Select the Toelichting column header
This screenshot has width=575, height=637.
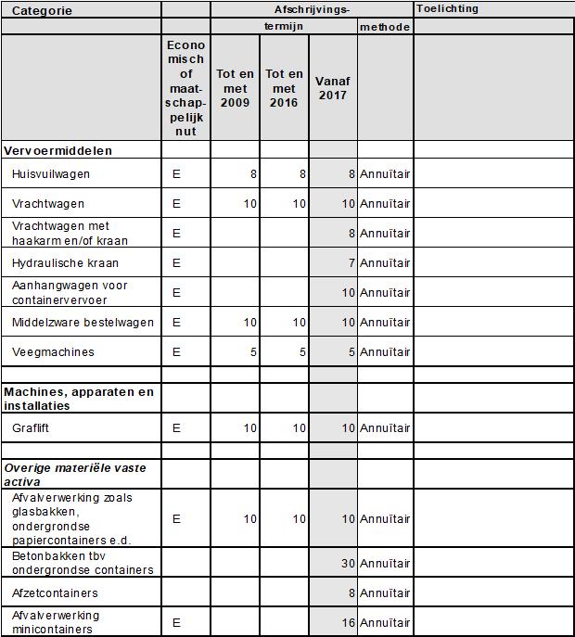click(448, 9)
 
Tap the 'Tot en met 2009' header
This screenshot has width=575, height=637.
click(235, 88)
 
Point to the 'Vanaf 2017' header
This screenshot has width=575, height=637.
click(332, 88)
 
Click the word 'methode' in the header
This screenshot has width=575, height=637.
click(385, 27)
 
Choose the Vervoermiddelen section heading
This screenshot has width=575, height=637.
click(58, 150)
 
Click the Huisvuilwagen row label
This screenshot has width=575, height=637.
click(51, 173)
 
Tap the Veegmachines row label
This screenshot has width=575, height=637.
click(53, 351)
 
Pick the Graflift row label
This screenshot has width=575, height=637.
click(32, 428)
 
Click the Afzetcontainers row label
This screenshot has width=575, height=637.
click(55, 592)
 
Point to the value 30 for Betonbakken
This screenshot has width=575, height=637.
click(348, 563)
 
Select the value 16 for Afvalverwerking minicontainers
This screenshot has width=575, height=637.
click(348, 622)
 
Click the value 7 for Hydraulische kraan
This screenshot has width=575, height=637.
click(351, 262)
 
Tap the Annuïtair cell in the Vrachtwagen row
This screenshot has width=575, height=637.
click(385, 203)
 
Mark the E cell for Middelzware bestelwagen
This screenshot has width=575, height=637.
click(176, 322)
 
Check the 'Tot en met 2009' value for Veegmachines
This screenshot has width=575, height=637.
click(253, 351)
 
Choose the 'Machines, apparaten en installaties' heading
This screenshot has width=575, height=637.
click(79, 399)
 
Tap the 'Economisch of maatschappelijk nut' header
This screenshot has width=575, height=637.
click(185, 88)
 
